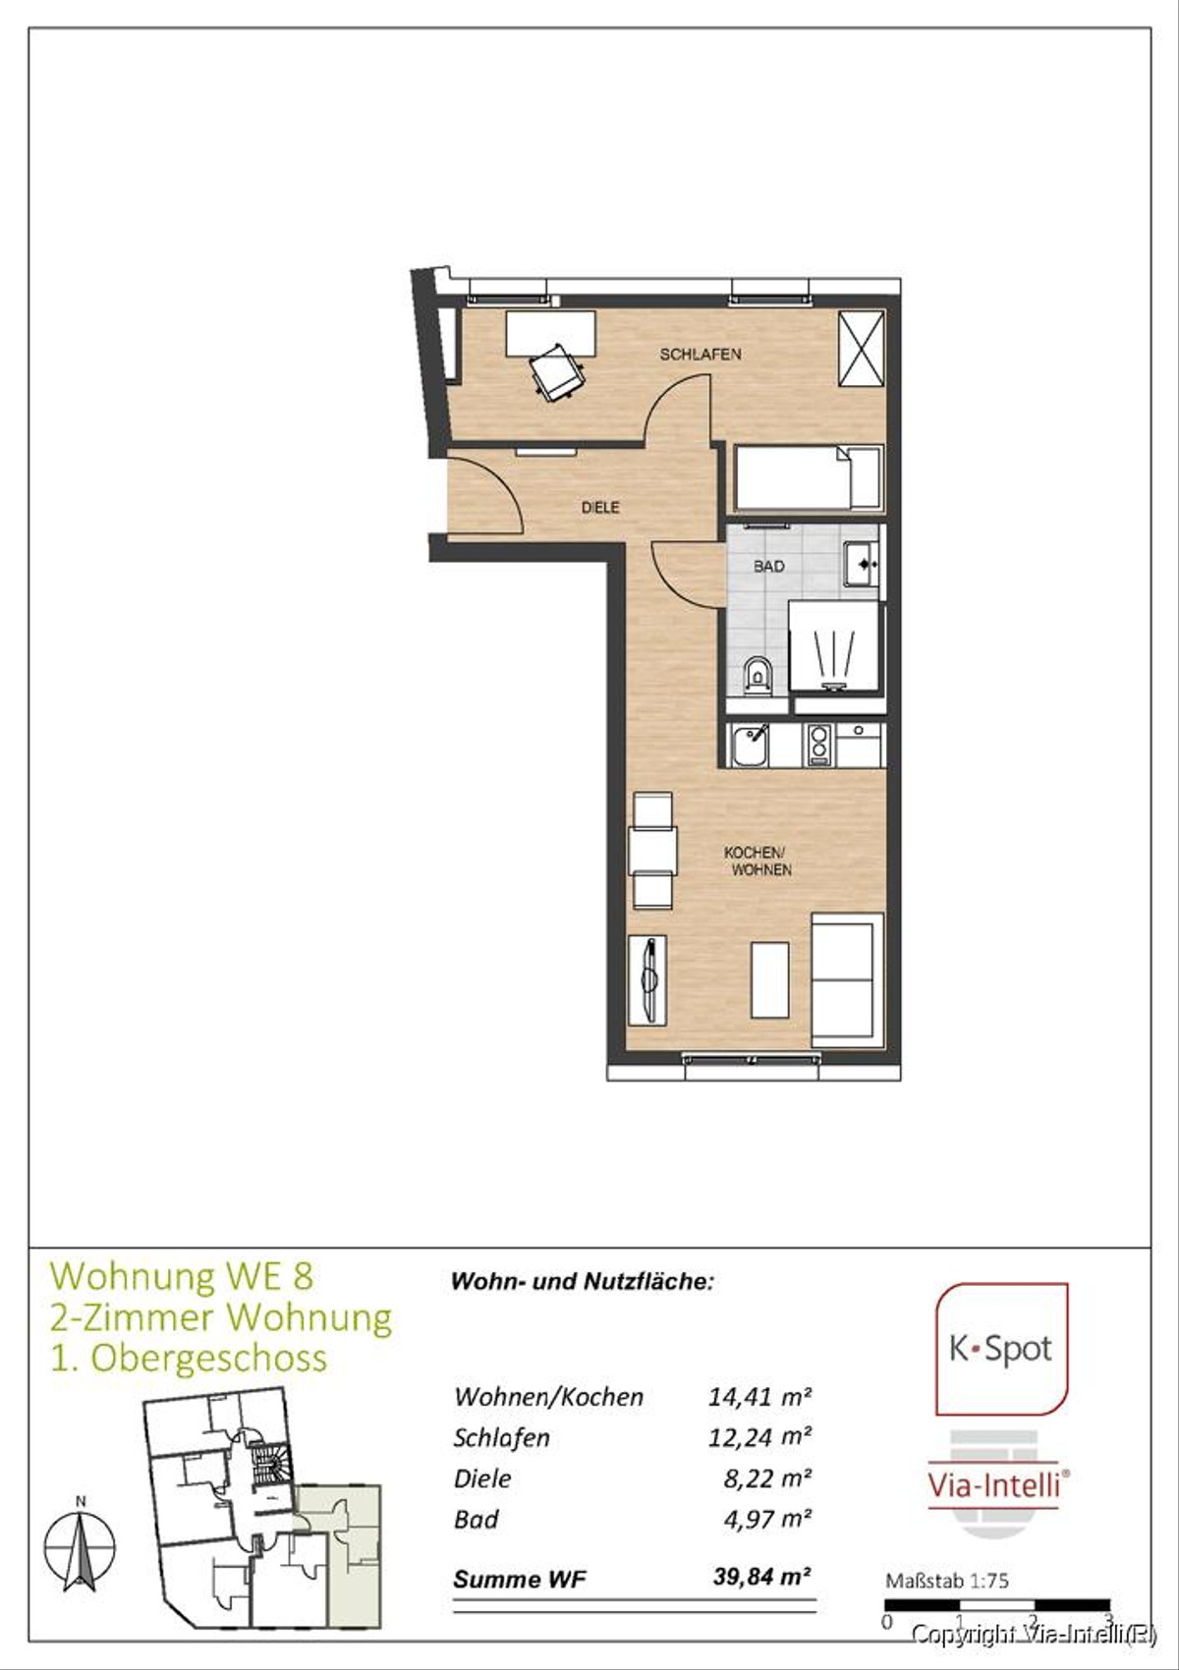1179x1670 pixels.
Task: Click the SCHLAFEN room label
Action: pos(701,354)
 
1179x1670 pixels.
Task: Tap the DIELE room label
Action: pos(600,508)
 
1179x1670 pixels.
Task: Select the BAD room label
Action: pos(769,567)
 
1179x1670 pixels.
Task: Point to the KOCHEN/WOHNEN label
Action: pos(757,862)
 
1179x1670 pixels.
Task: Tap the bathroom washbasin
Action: pos(862,565)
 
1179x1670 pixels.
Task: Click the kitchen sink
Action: pos(749,746)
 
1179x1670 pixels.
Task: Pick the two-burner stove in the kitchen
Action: pos(818,745)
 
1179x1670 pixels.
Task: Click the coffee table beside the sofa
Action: pos(769,979)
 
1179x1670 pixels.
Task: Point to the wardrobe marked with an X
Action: pos(861,349)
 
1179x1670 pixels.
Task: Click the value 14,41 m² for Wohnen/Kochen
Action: pos(759,1396)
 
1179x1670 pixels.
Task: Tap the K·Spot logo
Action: pos(1001,1349)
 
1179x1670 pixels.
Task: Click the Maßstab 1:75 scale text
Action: pos(947,1582)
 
